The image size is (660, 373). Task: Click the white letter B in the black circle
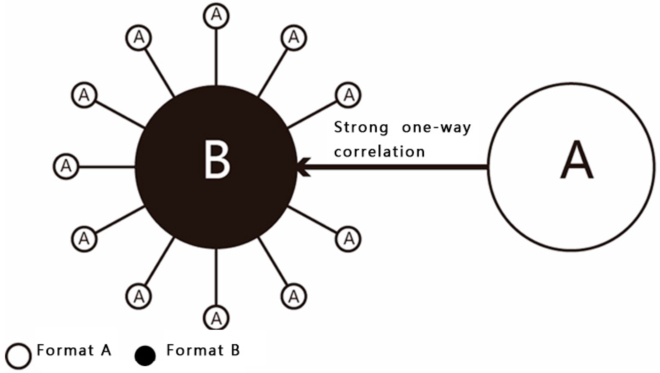pyautogui.click(x=217, y=160)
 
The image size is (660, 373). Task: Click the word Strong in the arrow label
pyautogui.click(x=361, y=127)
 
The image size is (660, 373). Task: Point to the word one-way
pyautogui.click(x=436, y=127)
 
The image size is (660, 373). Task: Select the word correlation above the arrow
pyautogui.click(x=379, y=152)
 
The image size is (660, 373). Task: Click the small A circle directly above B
pyautogui.click(x=216, y=16)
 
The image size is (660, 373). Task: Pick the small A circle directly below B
pyautogui.click(x=216, y=318)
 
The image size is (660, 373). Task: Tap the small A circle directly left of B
pyautogui.click(x=66, y=167)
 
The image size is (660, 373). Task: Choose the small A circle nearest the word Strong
pyautogui.click(x=348, y=95)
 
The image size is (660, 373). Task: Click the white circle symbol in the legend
pyautogui.click(x=18, y=356)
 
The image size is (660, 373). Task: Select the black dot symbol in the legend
pyautogui.click(x=145, y=356)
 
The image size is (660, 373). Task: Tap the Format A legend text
pyautogui.click(x=74, y=350)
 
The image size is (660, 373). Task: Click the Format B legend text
pyautogui.click(x=203, y=350)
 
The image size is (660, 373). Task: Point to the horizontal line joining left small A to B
pyautogui.click(x=107, y=167)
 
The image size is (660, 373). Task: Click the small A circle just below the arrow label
pyautogui.click(x=348, y=238)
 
